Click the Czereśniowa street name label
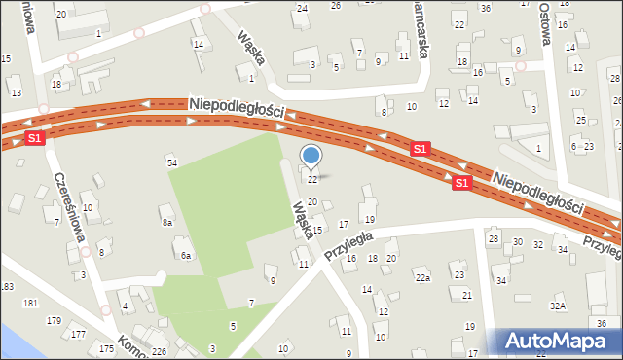coord(70,207)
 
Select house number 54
coord(172,162)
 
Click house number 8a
coord(167,223)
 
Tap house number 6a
coord(184,256)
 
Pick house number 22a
coord(422,278)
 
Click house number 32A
coord(558,306)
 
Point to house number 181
coord(30,304)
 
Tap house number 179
coord(54,320)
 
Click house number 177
coord(78,335)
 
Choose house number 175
coord(106,348)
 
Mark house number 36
coord(602,323)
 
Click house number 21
coord(467,295)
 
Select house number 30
coord(517,242)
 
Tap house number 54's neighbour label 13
coord(16,92)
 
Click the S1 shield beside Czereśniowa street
coord(35,139)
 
